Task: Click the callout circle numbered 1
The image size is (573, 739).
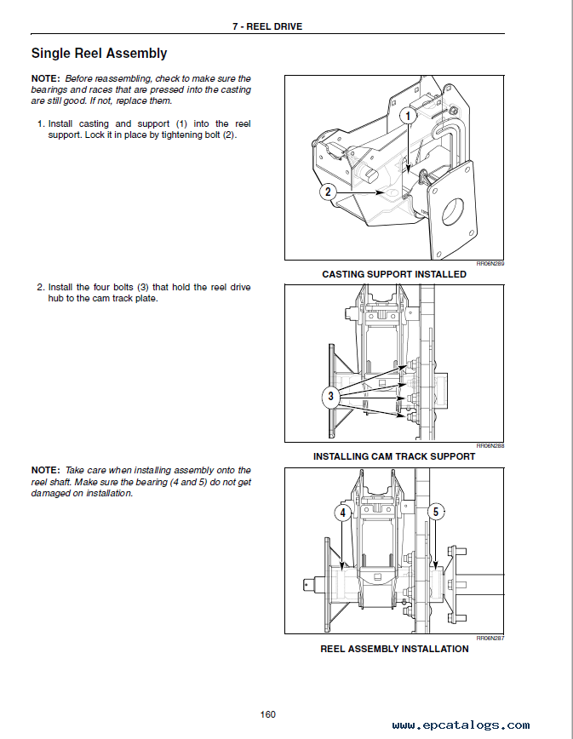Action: pyautogui.click(x=409, y=114)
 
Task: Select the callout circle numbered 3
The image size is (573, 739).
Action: pyautogui.click(x=331, y=396)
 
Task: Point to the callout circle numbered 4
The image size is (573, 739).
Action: pyautogui.click(x=342, y=513)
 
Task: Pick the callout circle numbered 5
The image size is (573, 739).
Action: pyautogui.click(x=436, y=513)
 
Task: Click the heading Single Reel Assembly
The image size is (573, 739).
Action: pyautogui.click(x=99, y=54)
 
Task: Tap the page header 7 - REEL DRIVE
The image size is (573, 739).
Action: pyautogui.click(x=267, y=26)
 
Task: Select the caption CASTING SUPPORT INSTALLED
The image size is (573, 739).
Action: pyautogui.click(x=394, y=274)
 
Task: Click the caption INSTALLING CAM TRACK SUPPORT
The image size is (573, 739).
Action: pyautogui.click(x=394, y=456)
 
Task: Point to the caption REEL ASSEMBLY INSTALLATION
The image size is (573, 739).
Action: pyautogui.click(x=394, y=649)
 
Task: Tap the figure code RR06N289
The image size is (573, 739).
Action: pyautogui.click(x=491, y=264)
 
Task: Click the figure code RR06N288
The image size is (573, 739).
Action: pyautogui.click(x=491, y=445)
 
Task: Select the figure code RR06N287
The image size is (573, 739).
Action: pyautogui.click(x=491, y=638)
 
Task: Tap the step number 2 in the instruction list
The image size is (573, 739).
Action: pyautogui.click(x=40, y=288)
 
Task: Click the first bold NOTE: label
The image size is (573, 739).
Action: pyautogui.click(x=46, y=78)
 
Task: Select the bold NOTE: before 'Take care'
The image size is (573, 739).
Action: pyautogui.click(x=46, y=470)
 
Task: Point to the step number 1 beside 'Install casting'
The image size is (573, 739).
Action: pyautogui.click(x=40, y=124)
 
